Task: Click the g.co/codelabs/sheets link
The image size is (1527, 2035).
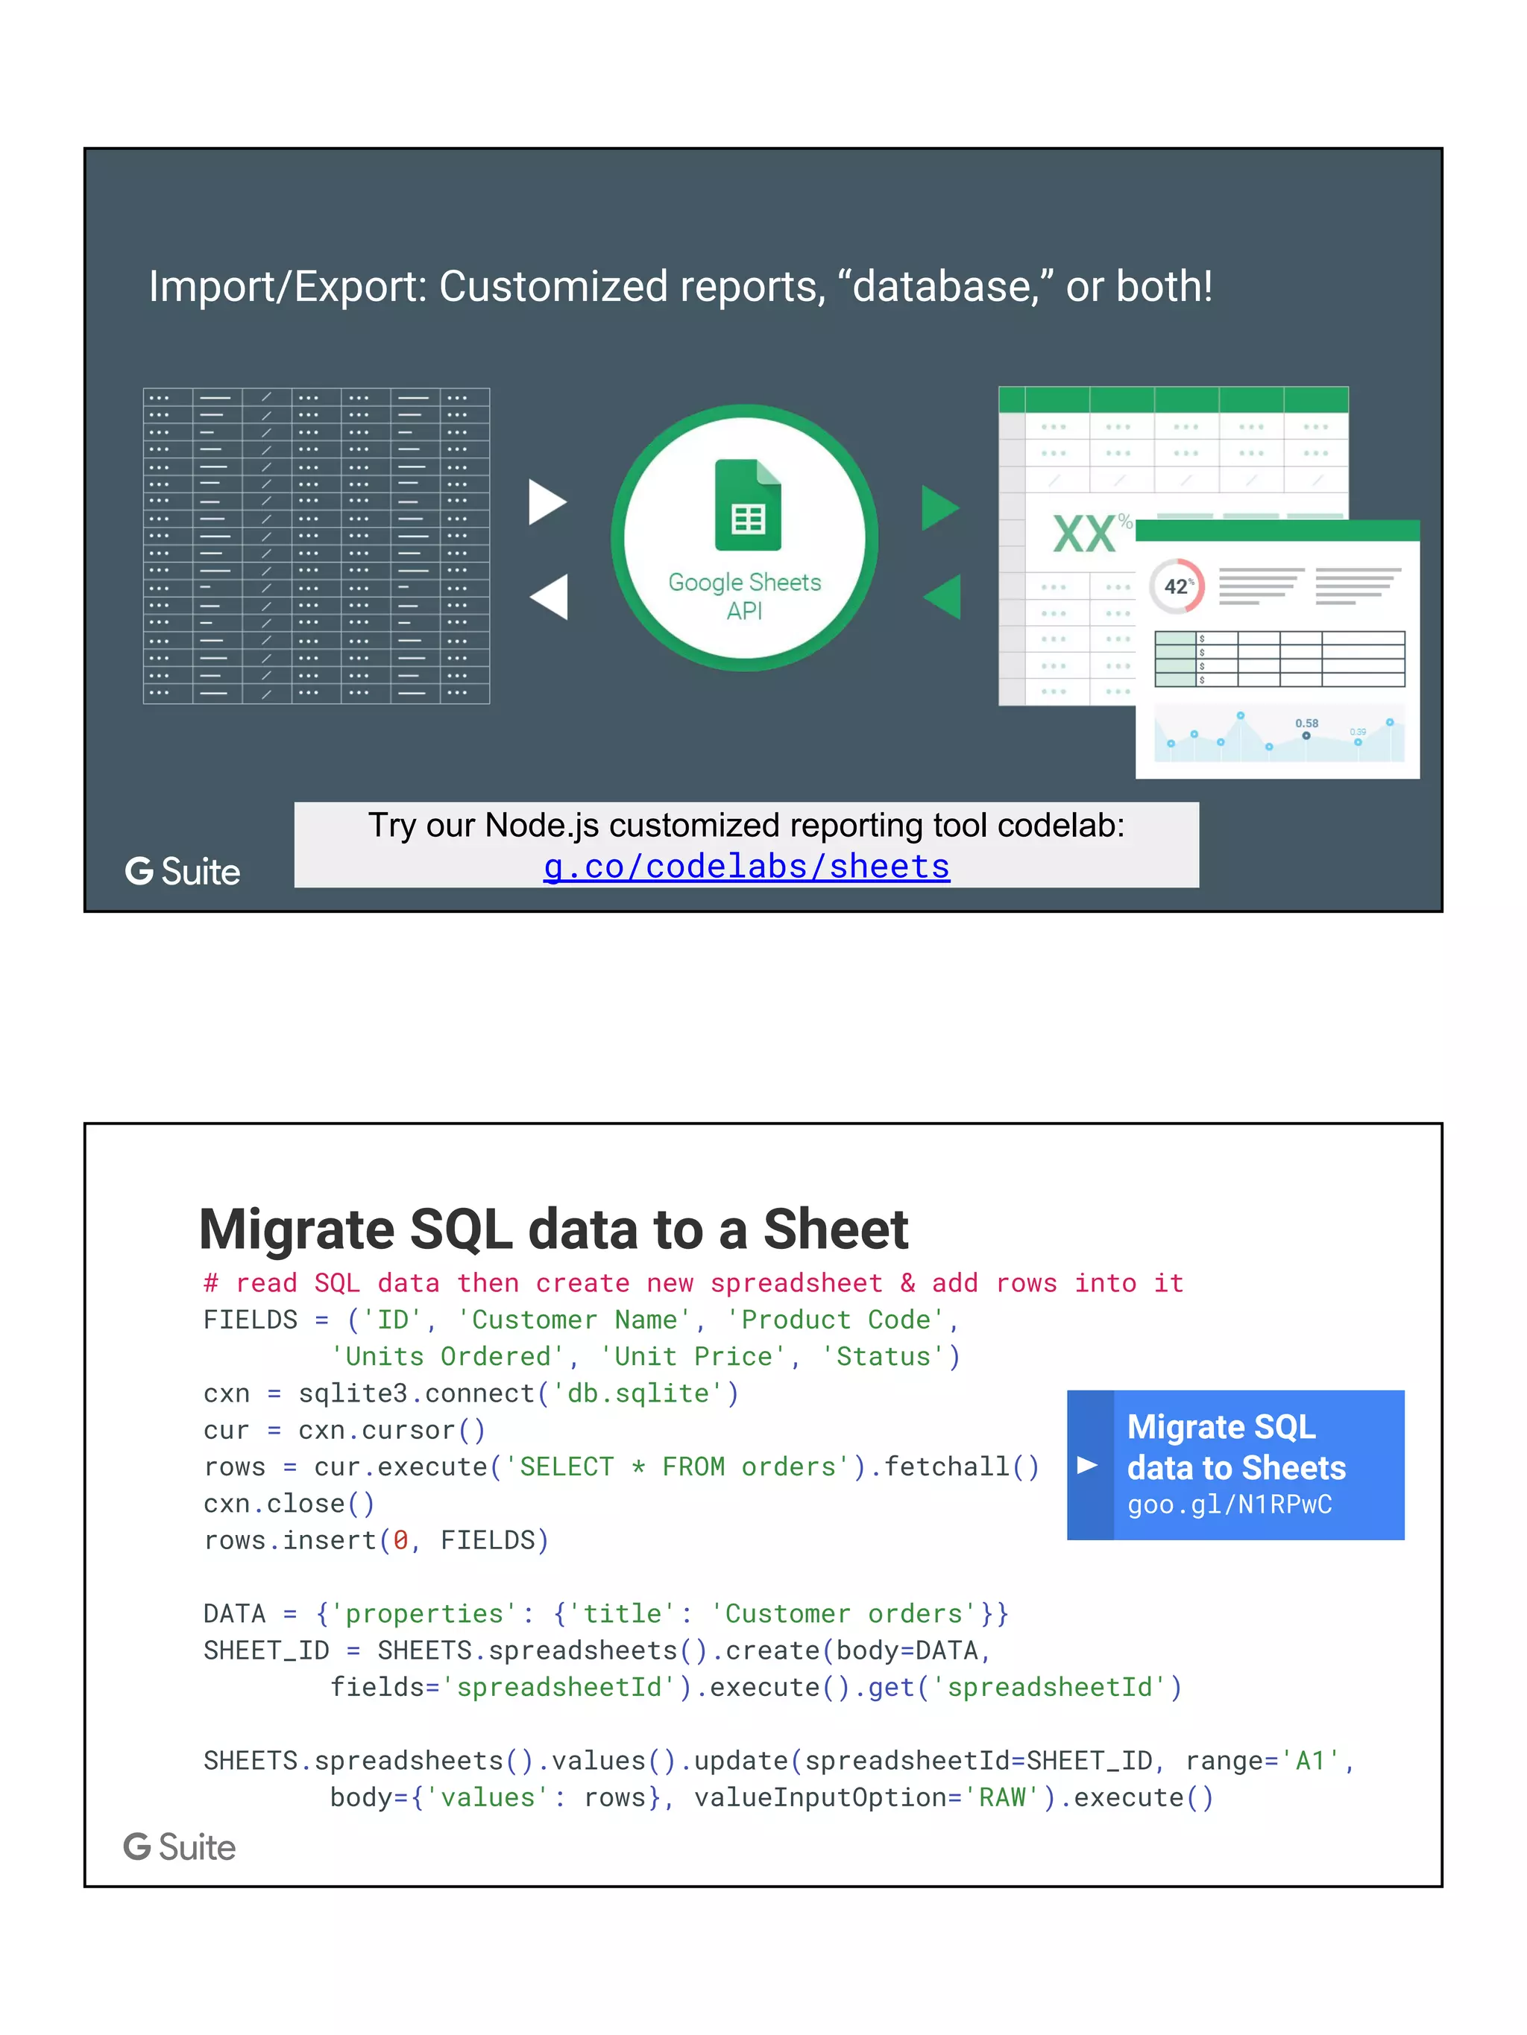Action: tap(746, 867)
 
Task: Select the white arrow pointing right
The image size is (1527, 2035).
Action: tap(547, 502)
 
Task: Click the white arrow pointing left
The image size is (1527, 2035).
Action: tap(550, 596)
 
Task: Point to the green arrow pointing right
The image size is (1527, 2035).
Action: tap(939, 508)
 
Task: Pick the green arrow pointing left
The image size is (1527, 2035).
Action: tap(943, 596)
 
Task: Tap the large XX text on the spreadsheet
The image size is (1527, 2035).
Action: tap(1084, 534)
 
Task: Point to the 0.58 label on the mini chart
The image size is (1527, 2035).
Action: tap(1306, 723)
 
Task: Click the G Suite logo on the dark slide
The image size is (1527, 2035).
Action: tap(182, 871)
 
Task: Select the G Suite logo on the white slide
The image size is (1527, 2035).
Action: tap(180, 1846)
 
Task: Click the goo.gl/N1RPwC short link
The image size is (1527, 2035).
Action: tap(1229, 1504)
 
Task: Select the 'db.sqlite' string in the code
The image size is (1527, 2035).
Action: tap(639, 1393)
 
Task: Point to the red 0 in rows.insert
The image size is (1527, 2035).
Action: tap(400, 1540)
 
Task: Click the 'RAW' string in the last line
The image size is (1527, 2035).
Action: tap(1001, 1797)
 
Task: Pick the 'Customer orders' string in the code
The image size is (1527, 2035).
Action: tap(844, 1614)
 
